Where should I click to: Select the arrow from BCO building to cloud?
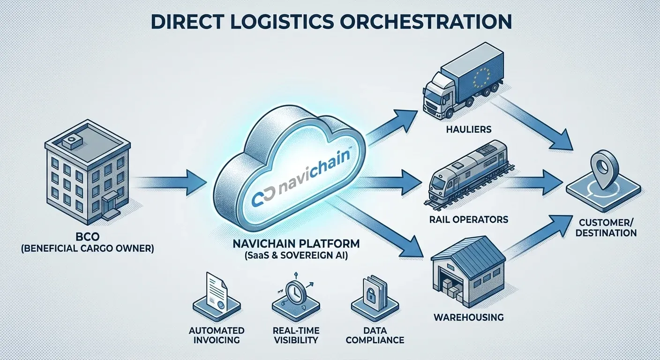coord(171,181)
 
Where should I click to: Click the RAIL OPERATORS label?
coord(468,219)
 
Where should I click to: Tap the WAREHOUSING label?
coord(469,317)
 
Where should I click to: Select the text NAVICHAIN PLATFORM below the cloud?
coord(297,244)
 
